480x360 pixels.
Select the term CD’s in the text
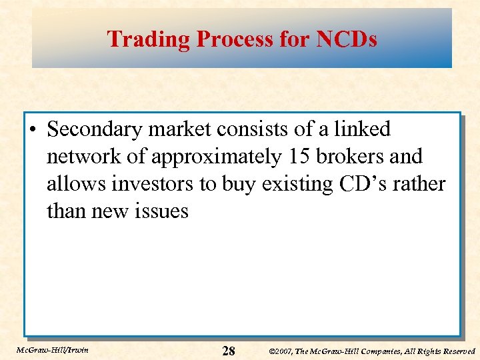(353, 184)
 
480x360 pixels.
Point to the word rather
(416, 184)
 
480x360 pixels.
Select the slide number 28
(228, 351)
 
